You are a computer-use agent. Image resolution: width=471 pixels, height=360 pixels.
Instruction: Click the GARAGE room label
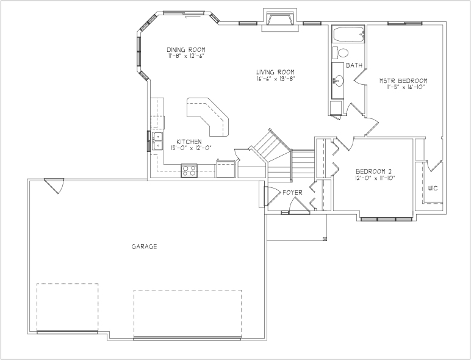click(x=144, y=247)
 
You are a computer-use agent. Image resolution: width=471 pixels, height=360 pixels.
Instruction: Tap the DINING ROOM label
click(x=186, y=49)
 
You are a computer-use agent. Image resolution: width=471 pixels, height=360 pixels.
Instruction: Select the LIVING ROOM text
click(x=275, y=72)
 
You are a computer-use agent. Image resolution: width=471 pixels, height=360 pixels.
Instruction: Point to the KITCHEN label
click(x=189, y=142)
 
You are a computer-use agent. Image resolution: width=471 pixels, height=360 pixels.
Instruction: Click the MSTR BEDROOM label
click(x=403, y=81)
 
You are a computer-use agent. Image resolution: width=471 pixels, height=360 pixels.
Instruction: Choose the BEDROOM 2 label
click(x=373, y=171)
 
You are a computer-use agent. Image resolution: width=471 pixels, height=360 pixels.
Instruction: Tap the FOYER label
click(x=293, y=193)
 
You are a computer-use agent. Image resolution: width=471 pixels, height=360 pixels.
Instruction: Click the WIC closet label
click(x=433, y=189)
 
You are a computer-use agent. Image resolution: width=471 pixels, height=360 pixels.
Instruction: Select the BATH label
click(x=354, y=65)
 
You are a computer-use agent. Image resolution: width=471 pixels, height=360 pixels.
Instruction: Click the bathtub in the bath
click(x=348, y=35)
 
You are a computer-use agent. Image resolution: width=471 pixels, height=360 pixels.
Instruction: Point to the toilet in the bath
click(x=340, y=53)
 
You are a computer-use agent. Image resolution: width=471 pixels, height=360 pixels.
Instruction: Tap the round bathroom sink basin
click(x=339, y=81)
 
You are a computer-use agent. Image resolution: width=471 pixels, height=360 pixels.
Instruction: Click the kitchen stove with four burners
click(x=189, y=170)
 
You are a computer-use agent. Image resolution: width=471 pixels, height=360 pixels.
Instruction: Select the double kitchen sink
click(x=157, y=141)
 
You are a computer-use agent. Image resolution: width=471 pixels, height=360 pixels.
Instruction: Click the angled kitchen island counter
click(x=207, y=117)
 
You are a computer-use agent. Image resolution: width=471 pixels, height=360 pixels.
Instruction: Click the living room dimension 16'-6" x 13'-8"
click(x=276, y=79)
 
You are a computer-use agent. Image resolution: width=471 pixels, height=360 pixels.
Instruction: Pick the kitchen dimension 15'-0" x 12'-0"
click(x=192, y=148)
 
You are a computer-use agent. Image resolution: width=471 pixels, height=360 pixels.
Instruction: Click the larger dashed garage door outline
click(x=188, y=314)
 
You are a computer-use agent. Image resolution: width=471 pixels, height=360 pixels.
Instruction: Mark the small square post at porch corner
click(x=325, y=239)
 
